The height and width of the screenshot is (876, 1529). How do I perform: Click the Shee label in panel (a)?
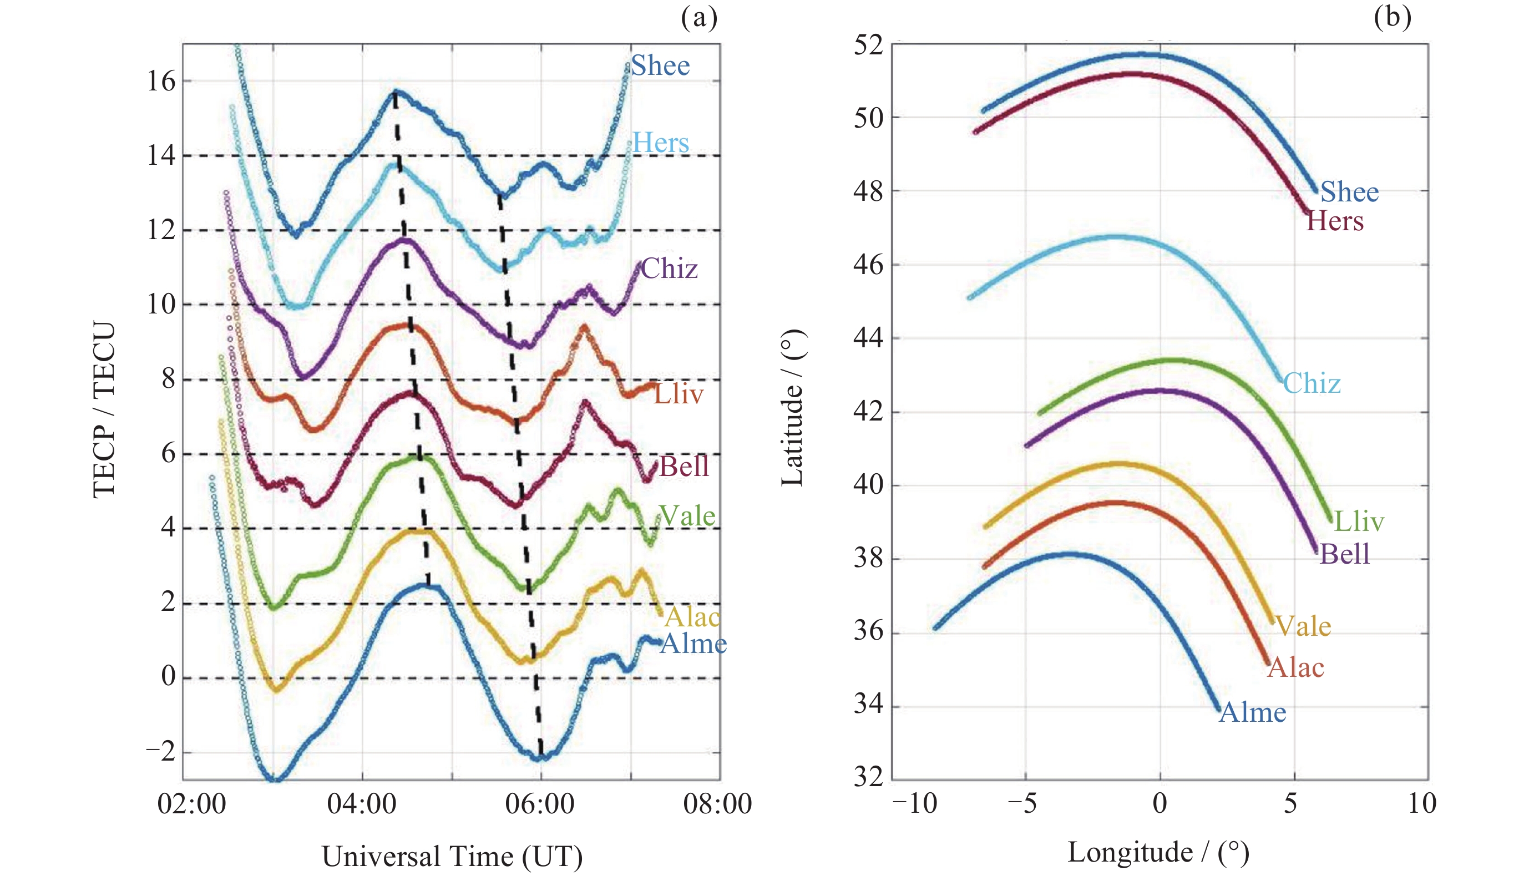660,65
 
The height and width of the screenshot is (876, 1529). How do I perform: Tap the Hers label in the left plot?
660,143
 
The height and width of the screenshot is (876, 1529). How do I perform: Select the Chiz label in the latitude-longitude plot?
1312,383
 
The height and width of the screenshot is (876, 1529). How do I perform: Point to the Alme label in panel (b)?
1252,712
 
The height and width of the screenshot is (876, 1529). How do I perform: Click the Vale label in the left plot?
687,515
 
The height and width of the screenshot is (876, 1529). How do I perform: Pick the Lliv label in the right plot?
1359,521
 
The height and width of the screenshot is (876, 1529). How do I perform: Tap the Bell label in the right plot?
1344,554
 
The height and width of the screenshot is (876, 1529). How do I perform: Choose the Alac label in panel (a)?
692,617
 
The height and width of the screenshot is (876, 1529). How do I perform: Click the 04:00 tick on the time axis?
362,804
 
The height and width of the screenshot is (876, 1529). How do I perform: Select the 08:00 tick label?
717,804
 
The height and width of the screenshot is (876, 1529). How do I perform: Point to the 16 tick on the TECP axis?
161,81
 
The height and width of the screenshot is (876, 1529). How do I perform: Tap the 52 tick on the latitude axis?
868,45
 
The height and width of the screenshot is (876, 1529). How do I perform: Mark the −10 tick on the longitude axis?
914,804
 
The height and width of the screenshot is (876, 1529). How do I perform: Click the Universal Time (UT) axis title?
452,857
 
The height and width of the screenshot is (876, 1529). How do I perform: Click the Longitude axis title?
1158,853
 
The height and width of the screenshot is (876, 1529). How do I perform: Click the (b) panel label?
1392,17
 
